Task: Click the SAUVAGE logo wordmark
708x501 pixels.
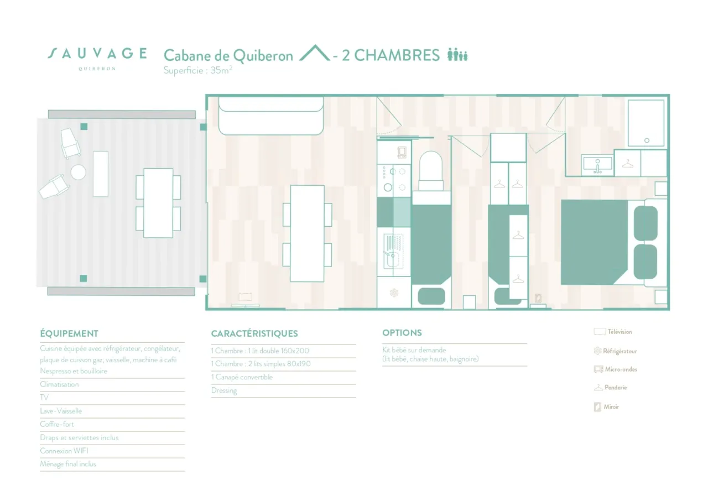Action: tap(97, 54)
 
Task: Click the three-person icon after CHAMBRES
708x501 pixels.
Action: tap(457, 54)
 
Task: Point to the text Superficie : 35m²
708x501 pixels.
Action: tap(197, 70)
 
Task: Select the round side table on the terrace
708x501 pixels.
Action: tap(79, 172)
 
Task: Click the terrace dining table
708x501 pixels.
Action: tap(158, 202)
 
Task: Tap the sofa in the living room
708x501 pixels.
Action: tap(270, 116)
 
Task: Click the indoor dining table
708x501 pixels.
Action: tap(307, 233)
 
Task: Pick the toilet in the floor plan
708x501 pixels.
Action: tap(431, 169)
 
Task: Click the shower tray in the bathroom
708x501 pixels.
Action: tap(645, 123)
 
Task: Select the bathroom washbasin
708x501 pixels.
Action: tap(597, 164)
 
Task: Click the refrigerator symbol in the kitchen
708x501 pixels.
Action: tap(394, 293)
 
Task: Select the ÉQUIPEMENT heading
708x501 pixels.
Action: tap(69, 333)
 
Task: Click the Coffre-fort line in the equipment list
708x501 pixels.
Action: tap(57, 424)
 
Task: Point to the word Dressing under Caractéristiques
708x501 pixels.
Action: tap(224, 390)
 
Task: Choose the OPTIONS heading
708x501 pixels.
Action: tap(402, 333)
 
